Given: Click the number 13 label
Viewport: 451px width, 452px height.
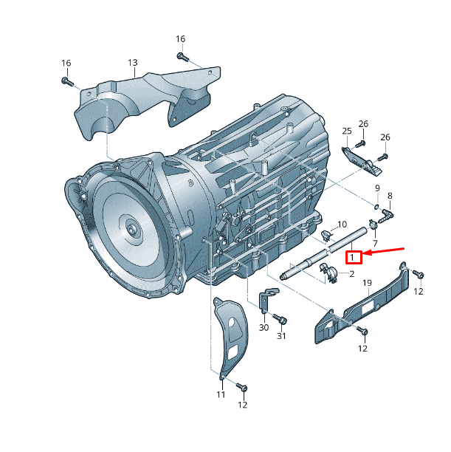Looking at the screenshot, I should pos(133,63).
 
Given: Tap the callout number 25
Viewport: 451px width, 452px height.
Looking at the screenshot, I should pos(347,131).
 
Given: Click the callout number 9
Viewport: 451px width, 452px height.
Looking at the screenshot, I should pos(376,188).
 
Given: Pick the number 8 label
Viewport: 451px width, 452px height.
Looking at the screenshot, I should pos(390,195).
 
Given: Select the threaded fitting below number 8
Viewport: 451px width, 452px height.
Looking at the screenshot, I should pos(388,213).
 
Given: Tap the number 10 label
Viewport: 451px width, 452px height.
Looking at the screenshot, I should pos(342,224).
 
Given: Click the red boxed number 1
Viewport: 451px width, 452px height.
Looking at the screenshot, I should pos(354,257).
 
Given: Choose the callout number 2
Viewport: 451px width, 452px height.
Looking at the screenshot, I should pos(351,274).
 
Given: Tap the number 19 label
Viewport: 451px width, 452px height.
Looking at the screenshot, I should pos(367,282).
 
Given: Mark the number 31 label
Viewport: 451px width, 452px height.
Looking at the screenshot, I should pos(281,336).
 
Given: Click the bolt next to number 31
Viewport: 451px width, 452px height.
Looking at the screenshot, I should pos(280,319).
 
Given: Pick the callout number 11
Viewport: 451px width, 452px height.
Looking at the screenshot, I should pos(221,395).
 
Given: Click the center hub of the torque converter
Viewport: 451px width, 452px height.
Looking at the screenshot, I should pos(133,230).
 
